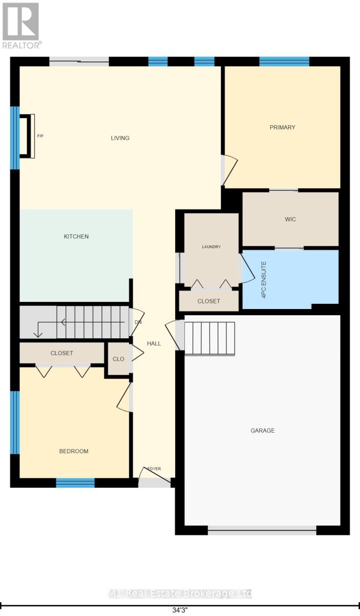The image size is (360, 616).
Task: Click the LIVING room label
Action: pyautogui.click(x=120, y=138)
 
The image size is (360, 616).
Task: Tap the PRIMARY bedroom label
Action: pyautogui.click(x=282, y=127)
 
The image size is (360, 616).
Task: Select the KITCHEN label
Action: pyautogui.click(x=76, y=237)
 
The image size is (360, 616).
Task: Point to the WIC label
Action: pyautogui.click(x=291, y=219)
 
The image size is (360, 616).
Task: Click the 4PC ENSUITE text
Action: pyautogui.click(x=264, y=280)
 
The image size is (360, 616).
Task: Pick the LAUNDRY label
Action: pyautogui.click(x=211, y=247)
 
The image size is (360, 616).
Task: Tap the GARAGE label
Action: pyautogui.click(x=262, y=430)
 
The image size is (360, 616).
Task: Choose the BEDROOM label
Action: pyautogui.click(x=74, y=451)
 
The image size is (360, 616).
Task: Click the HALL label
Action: pyautogui.click(x=154, y=343)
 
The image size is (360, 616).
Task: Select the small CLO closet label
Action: pyautogui.click(x=118, y=359)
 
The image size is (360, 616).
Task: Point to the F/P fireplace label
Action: pyautogui.click(x=40, y=136)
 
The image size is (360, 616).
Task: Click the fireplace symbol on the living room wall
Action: pyautogui.click(x=27, y=136)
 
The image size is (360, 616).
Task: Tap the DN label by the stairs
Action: pyautogui.click(x=138, y=322)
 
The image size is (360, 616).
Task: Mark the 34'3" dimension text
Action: pyautogui.click(x=180, y=609)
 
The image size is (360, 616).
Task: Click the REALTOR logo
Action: pyautogui.click(x=21, y=26)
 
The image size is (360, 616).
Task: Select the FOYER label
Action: pyautogui.click(x=154, y=469)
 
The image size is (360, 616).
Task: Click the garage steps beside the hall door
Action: pyautogui.click(x=210, y=339)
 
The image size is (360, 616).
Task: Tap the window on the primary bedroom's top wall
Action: pyautogui.click(x=285, y=62)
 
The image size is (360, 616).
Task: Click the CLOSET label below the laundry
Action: pyautogui.click(x=209, y=301)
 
